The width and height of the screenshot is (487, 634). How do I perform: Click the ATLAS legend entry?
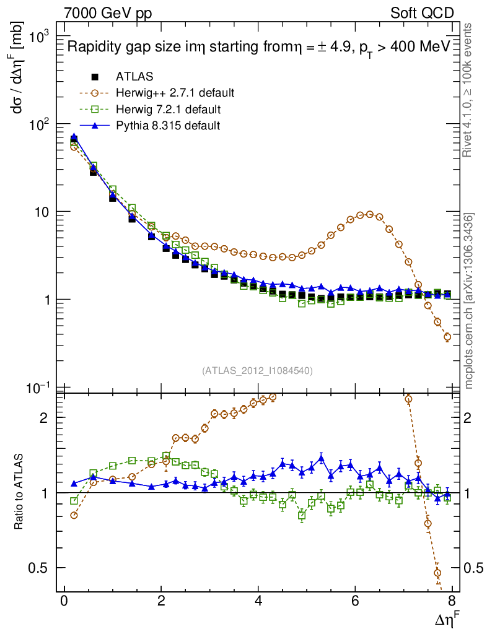(x=134, y=77)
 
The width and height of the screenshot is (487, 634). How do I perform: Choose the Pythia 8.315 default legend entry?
(x=168, y=126)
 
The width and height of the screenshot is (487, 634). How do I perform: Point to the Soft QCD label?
(x=423, y=13)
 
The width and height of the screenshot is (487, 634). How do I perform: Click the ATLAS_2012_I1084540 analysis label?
(x=257, y=371)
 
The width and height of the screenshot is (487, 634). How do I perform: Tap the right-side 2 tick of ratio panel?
(x=470, y=417)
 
